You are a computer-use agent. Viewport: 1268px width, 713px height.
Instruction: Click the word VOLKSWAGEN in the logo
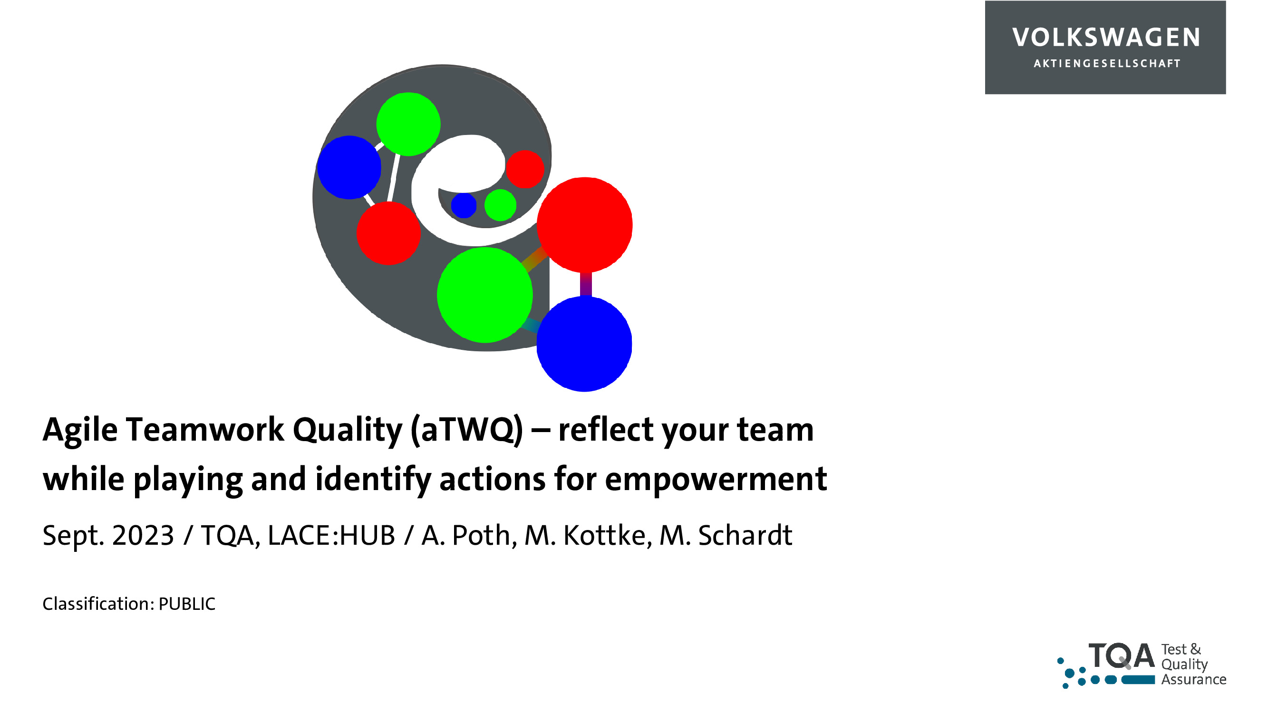click(x=1106, y=38)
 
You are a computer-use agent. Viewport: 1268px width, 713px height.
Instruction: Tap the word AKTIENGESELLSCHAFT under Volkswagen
click(x=1107, y=64)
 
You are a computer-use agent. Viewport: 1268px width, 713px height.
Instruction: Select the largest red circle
click(x=584, y=225)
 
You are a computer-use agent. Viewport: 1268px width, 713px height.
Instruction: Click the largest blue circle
click(x=584, y=344)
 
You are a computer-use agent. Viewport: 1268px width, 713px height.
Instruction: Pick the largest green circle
click(x=485, y=295)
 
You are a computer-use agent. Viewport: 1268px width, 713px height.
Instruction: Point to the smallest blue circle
click(x=464, y=205)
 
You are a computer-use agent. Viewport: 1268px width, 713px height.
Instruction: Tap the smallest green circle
click(x=500, y=205)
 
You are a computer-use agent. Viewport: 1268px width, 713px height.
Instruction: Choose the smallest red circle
click(x=525, y=169)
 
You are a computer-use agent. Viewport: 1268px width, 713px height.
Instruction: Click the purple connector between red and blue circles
click(x=586, y=284)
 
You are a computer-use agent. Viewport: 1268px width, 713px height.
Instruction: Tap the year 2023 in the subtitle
click(x=143, y=535)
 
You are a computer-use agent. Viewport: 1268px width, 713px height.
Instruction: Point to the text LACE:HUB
click(x=331, y=535)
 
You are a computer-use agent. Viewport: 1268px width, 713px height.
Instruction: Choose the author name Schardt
click(x=745, y=535)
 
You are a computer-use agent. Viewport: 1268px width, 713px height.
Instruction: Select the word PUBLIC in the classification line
click(x=187, y=604)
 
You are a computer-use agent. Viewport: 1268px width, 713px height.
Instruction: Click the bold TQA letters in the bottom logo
click(x=1121, y=656)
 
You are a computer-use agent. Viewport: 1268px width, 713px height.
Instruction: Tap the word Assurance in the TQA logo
click(x=1194, y=680)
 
